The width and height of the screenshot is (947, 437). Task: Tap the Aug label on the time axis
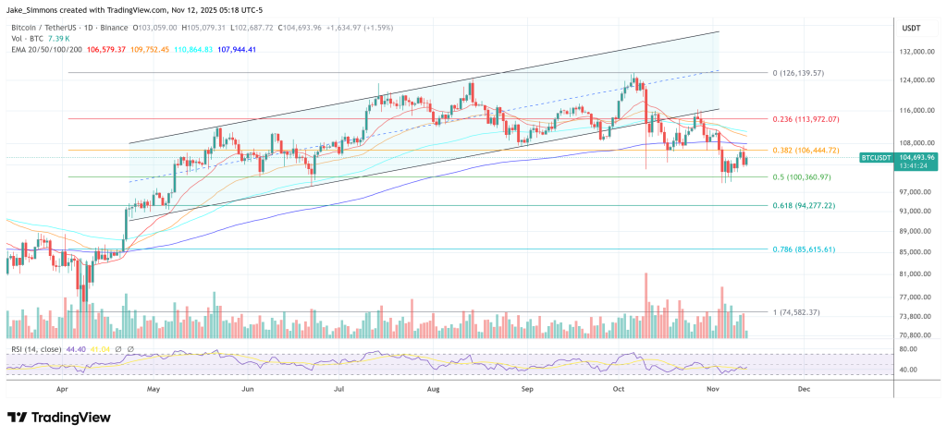(434, 390)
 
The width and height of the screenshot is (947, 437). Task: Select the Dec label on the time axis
(803, 390)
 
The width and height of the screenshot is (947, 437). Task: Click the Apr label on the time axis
(63, 390)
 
